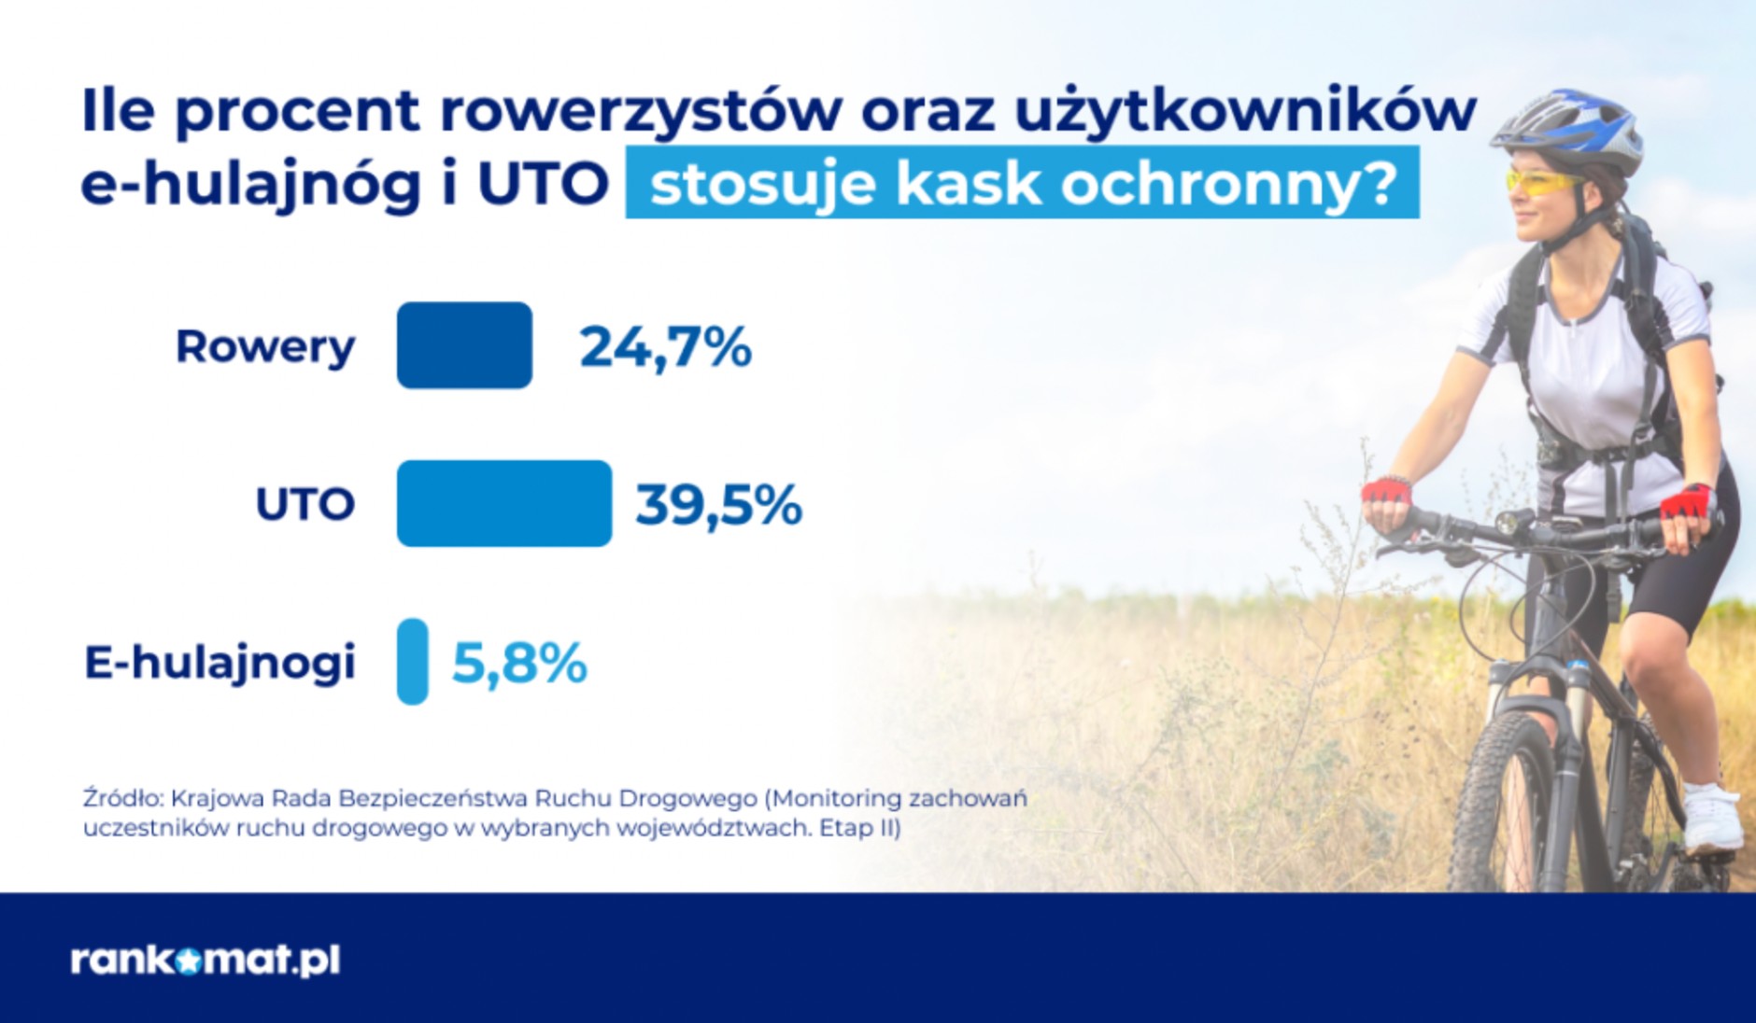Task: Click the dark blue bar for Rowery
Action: (x=464, y=345)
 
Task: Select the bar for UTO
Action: (x=503, y=503)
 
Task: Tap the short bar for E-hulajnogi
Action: (x=412, y=661)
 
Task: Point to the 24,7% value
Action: (x=665, y=347)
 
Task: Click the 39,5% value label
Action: (x=718, y=505)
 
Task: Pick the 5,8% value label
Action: (x=519, y=664)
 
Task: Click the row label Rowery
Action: (x=265, y=347)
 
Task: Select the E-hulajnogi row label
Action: (x=220, y=663)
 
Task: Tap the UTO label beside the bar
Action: (x=305, y=505)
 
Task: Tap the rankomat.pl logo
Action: (x=205, y=960)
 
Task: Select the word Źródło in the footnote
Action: (x=121, y=799)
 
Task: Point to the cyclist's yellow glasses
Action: (x=1541, y=181)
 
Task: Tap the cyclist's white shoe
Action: (x=1711, y=819)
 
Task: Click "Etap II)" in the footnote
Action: (x=860, y=829)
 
